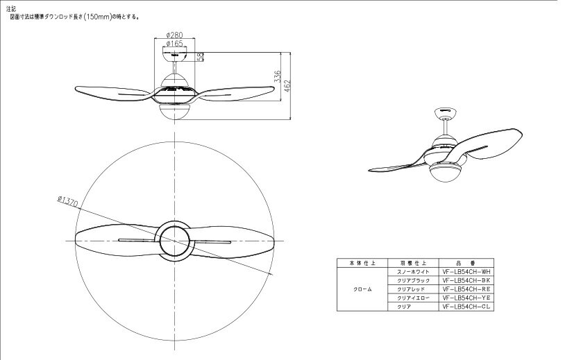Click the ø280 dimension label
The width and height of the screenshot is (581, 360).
pyautogui.click(x=174, y=35)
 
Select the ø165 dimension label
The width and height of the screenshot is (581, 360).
pyautogui.click(x=174, y=43)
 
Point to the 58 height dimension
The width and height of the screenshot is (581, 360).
pyautogui.click(x=201, y=57)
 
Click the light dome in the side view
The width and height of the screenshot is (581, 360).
pyautogui.click(x=174, y=111)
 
